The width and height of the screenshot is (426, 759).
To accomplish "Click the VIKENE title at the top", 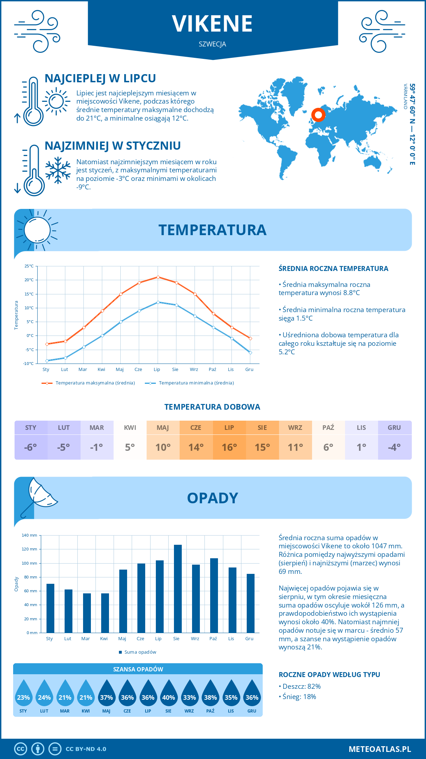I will (x=212, y=24).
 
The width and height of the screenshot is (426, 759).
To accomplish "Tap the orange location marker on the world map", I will (x=318, y=115).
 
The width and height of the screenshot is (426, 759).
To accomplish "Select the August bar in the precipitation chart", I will (x=177, y=589).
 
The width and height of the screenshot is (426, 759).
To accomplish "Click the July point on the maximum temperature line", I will (x=158, y=277).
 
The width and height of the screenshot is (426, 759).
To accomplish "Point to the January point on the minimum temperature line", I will (x=47, y=361).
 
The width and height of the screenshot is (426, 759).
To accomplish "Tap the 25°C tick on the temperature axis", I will (x=29, y=266).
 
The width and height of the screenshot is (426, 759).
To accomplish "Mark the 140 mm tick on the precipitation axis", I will (x=29, y=535).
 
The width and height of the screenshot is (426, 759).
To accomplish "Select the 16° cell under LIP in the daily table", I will (x=229, y=447).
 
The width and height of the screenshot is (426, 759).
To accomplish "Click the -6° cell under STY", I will (x=31, y=447).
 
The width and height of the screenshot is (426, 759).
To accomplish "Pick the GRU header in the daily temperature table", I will (x=394, y=428).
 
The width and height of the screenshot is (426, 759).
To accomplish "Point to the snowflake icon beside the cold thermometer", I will (x=58, y=170).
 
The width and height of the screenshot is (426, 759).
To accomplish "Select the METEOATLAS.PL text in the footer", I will (x=379, y=749).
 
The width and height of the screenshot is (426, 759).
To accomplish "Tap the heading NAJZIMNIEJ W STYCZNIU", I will (x=113, y=146).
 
